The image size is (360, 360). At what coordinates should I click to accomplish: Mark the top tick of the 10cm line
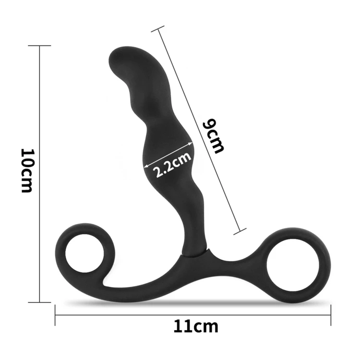39,46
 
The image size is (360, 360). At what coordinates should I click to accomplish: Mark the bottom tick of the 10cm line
39,302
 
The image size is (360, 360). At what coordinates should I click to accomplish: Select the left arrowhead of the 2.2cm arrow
145,166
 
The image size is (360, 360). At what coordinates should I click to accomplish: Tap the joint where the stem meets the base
195,252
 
